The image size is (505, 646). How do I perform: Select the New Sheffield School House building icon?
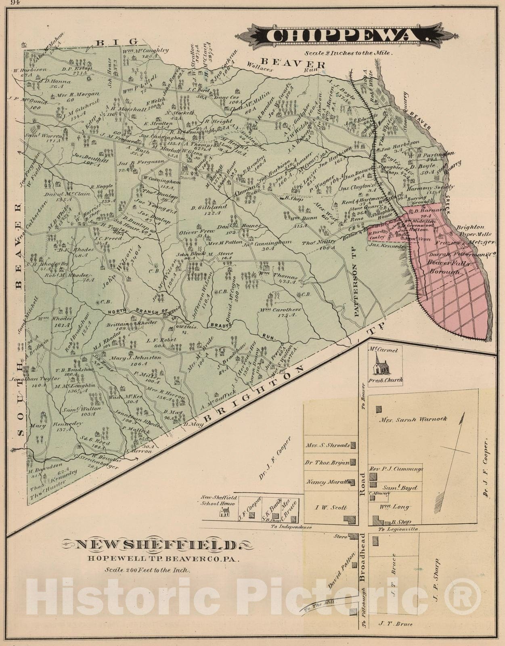tap(224, 512)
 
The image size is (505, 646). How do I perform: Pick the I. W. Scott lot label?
tap(330, 508)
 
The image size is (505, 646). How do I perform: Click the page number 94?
tap(15, 3)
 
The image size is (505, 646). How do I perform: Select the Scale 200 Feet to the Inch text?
tap(147, 570)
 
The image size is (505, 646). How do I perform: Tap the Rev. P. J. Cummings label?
tap(396, 469)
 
